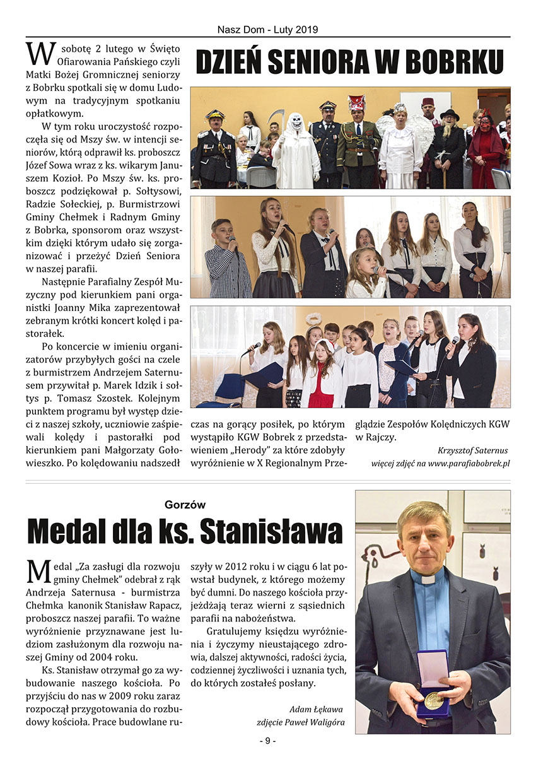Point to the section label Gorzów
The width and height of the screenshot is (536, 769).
pyautogui.click(x=185, y=504)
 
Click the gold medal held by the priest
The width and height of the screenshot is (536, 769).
pyautogui.click(x=433, y=700)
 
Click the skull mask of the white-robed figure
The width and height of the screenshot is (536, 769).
pyautogui.click(x=295, y=122)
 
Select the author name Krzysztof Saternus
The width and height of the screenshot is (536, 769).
pyautogui.click(x=472, y=450)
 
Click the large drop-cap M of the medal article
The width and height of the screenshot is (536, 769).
pyautogui.click(x=37, y=570)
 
